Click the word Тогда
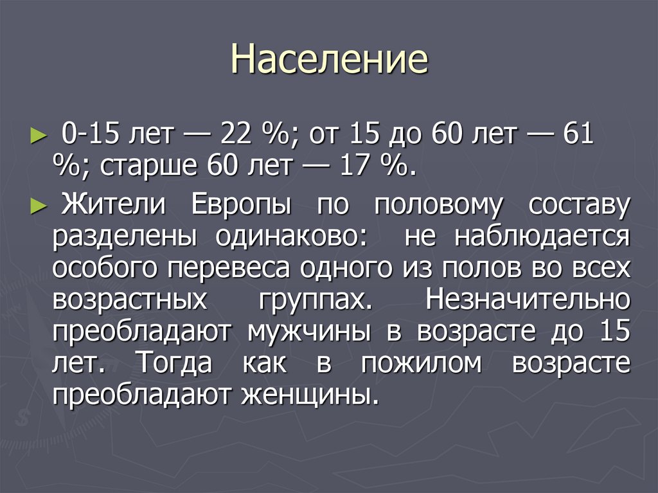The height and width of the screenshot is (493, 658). (x=173, y=364)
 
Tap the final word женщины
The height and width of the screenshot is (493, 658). (x=307, y=395)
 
